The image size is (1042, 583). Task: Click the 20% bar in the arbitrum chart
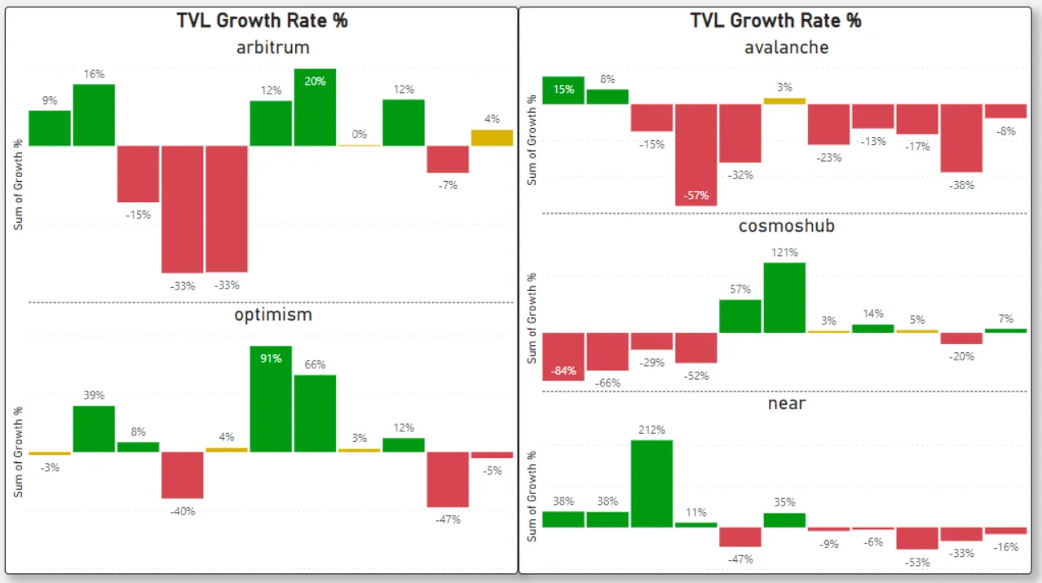coord(316,108)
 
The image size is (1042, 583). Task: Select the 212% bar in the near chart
coord(651,484)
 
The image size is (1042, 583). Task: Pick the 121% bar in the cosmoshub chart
coord(784,298)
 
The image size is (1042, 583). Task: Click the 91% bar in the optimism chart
coord(271,399)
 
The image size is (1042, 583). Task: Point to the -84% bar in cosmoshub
coord(563,356)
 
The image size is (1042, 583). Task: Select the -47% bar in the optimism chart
coord(448,479)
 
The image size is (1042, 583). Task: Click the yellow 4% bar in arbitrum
coord(492,138)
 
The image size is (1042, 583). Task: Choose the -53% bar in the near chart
coord(917,538)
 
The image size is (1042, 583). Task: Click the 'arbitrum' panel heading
coord(273,47)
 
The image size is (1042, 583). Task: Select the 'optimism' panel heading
coord(273,315)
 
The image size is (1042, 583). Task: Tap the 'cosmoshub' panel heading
coord(786,226)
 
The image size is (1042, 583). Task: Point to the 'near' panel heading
coord(786,403)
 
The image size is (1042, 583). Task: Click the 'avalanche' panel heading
coord(786,47)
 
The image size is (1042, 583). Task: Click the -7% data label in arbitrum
coord(448,185)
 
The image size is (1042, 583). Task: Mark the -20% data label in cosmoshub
coord(961,356)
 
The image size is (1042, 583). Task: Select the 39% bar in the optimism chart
coord(94,429)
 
